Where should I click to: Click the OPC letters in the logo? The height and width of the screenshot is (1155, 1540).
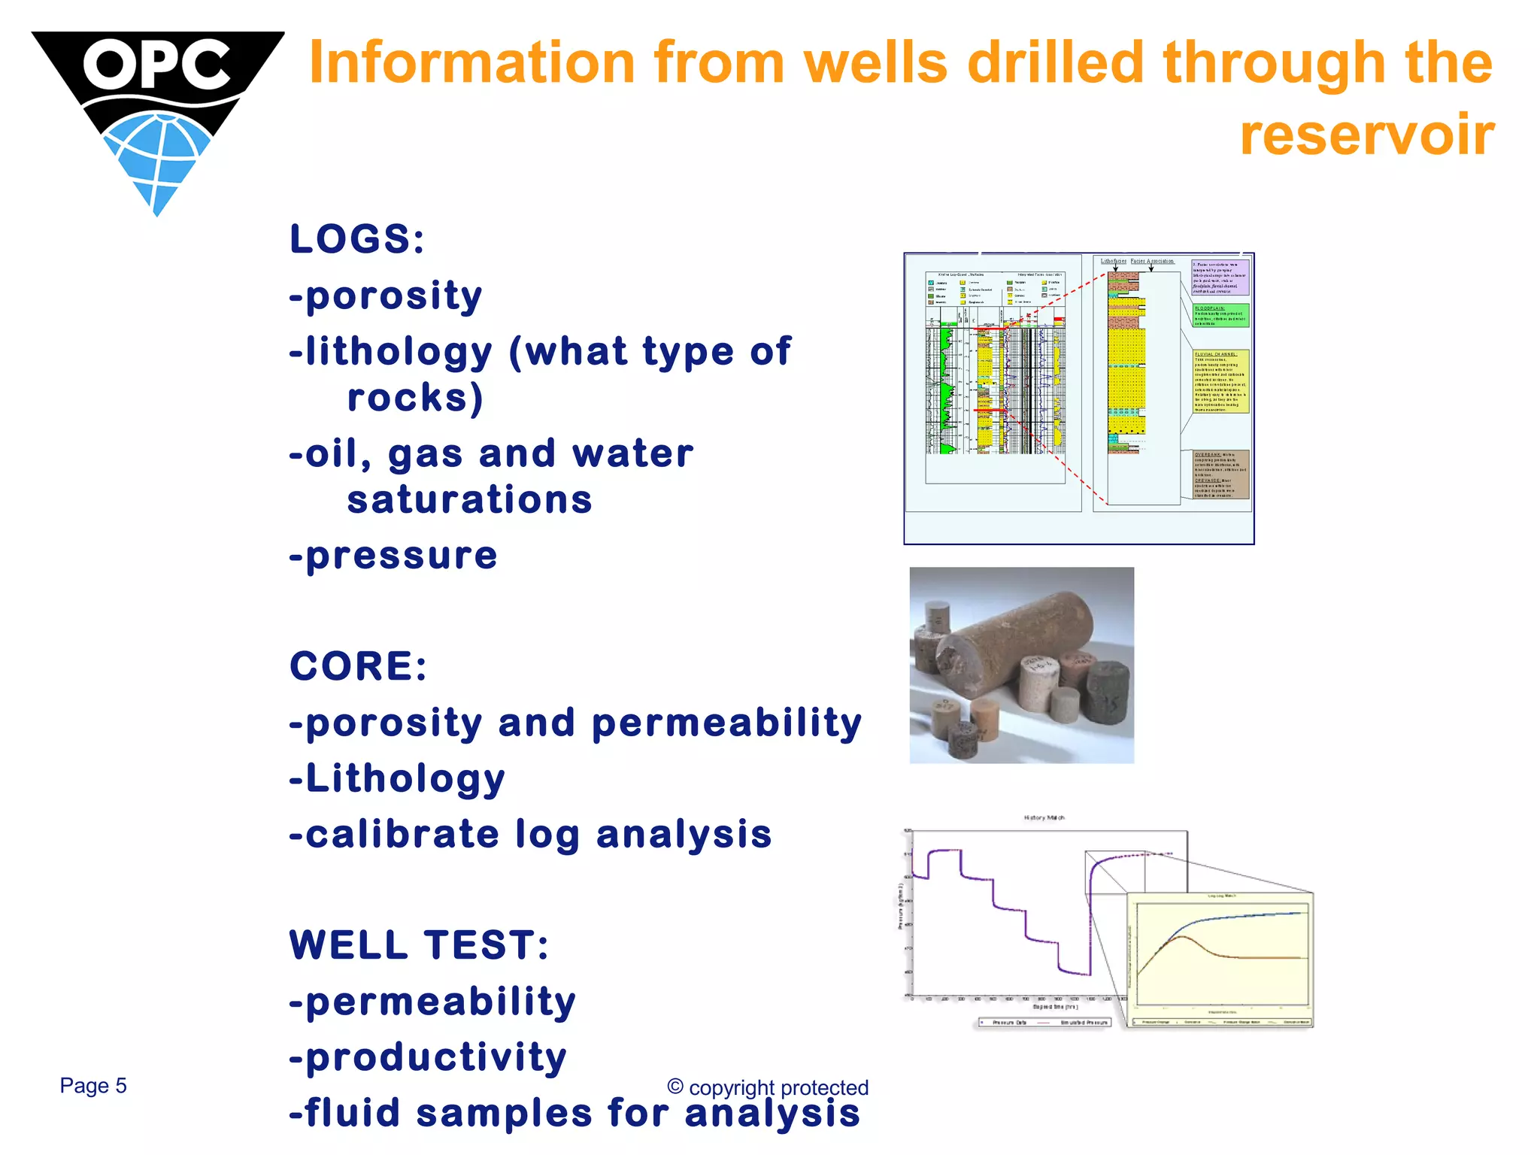(x=156, y=65)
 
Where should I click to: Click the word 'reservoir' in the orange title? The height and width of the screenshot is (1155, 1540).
(x=1366, y=135)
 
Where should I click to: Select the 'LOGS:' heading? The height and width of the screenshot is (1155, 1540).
(x=357, y=240)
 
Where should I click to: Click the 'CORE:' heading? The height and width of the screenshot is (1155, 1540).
(x=358, y=666)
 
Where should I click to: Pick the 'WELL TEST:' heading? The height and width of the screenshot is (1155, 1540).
(x=419, y=945)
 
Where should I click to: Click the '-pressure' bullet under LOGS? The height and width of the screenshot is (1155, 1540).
(x=393, y=556)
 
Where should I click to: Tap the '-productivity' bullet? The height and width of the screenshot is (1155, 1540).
(x=428, y=1057)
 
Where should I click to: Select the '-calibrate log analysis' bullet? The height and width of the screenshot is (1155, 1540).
(x=530, y=835)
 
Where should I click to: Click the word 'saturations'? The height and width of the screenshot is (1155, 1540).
(x=469, y=500)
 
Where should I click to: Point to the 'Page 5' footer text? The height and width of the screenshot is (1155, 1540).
(x=93, y=1086)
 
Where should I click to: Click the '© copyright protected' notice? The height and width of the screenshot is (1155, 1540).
(x=768, y=1087)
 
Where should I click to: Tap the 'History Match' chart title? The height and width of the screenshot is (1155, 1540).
(x=1044, y=817)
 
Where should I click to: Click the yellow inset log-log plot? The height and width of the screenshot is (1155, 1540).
(x=1220, y=959)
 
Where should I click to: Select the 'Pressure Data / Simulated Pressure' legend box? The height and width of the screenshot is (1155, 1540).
(x=1044, y=1023)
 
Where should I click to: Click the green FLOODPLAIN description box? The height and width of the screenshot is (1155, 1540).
(x=1220, y=316)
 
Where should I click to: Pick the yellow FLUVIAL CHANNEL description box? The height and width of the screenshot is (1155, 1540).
(x=1220, y=381)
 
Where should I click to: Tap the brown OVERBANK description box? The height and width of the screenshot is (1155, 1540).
(x=1220, y=474)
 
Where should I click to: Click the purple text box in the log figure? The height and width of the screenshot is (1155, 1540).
(x=1220, y=277)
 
